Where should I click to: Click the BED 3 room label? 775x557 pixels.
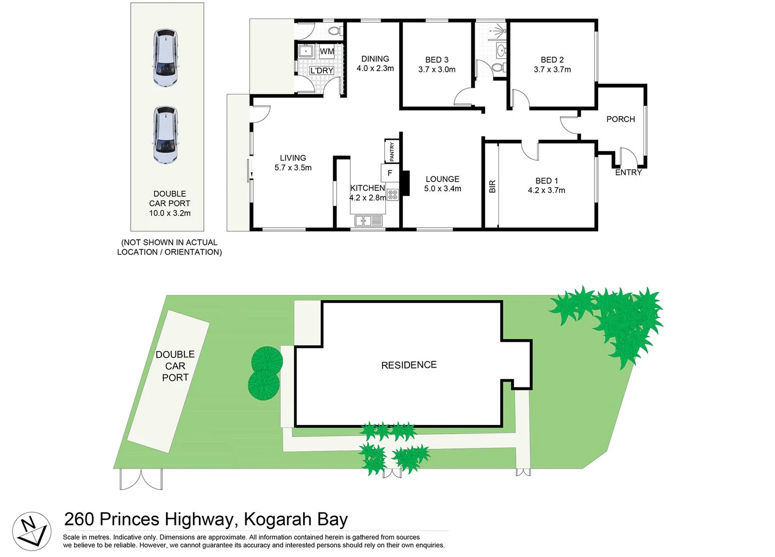click(x=437, y=60)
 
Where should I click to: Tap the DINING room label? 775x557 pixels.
click(x=375, y=59)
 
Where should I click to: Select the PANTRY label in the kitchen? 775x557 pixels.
click(x=392, y=151)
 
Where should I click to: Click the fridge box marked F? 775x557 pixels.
click(x=390, y=173)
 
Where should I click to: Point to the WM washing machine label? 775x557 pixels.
click(x=327, y=52)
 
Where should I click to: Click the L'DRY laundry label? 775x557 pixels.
click(x=322, y=71)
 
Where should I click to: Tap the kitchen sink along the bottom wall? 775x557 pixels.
click(x=368, y=221)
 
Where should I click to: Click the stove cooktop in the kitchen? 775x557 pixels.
click(x=392, y=194)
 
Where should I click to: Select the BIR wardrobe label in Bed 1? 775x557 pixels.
click(x=492, y=186)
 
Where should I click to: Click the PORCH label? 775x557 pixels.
click(x=620, y=119)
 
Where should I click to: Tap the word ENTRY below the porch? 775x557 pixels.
click(x=628, y=172)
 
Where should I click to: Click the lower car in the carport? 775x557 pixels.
click(x=166, y=135)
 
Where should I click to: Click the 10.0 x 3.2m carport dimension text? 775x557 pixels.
click(x=170, y=213)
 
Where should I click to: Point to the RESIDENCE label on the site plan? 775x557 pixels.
click(x=408, y=365)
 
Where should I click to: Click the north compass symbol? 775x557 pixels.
click(x=31, y=531)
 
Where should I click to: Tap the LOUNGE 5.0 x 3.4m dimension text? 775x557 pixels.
click(x=442, y=189)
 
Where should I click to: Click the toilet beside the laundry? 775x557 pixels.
click(x=335, y=31)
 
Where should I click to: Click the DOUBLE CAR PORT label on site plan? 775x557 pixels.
click(x=175, y=366)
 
